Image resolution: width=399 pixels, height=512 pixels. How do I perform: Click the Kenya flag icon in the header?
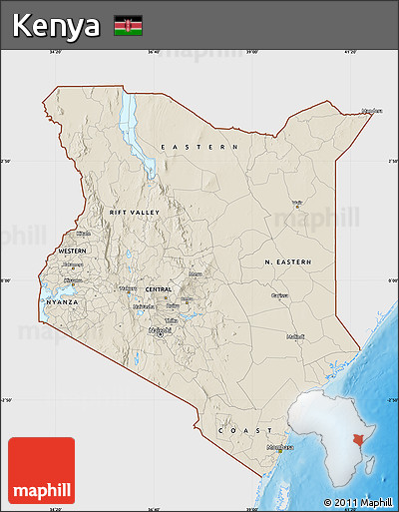(128, 26)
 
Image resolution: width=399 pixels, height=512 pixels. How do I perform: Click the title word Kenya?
(57, 26)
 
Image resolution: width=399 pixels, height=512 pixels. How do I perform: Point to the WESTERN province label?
(72, 250)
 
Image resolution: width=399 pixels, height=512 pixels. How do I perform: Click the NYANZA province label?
(61, 300)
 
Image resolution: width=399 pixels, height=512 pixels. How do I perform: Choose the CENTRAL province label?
(159, 289)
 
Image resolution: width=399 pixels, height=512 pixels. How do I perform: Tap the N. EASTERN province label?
(287, 261)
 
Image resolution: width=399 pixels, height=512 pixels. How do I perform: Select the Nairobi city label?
(159, 329)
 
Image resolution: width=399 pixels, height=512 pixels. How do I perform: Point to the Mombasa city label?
(280, 447)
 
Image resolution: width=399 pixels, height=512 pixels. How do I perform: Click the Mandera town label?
(371, 111)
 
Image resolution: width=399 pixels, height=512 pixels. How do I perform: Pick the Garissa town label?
(280, 295)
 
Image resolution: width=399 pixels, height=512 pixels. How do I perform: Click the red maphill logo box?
(41, 470)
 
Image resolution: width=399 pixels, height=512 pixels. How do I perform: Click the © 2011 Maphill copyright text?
(357, 501)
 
